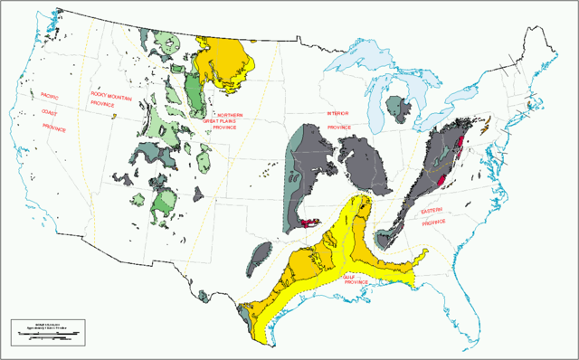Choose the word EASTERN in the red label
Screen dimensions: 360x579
(432, 210)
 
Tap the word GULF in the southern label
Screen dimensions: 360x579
(350, 275)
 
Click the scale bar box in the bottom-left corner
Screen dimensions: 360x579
(47, 333)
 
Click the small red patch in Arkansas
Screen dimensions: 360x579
(312, 221)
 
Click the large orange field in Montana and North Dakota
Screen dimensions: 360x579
(226, 58)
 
